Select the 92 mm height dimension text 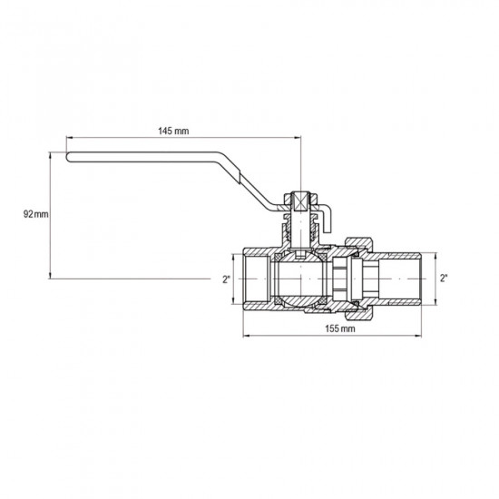pos(35,214)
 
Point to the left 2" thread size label pos(227,279)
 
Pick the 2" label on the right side pos(444,279)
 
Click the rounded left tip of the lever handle pos(69,159)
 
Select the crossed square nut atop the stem pos(300,201)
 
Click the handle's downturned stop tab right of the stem pos(329,218)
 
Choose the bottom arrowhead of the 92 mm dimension pos(51,275)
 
